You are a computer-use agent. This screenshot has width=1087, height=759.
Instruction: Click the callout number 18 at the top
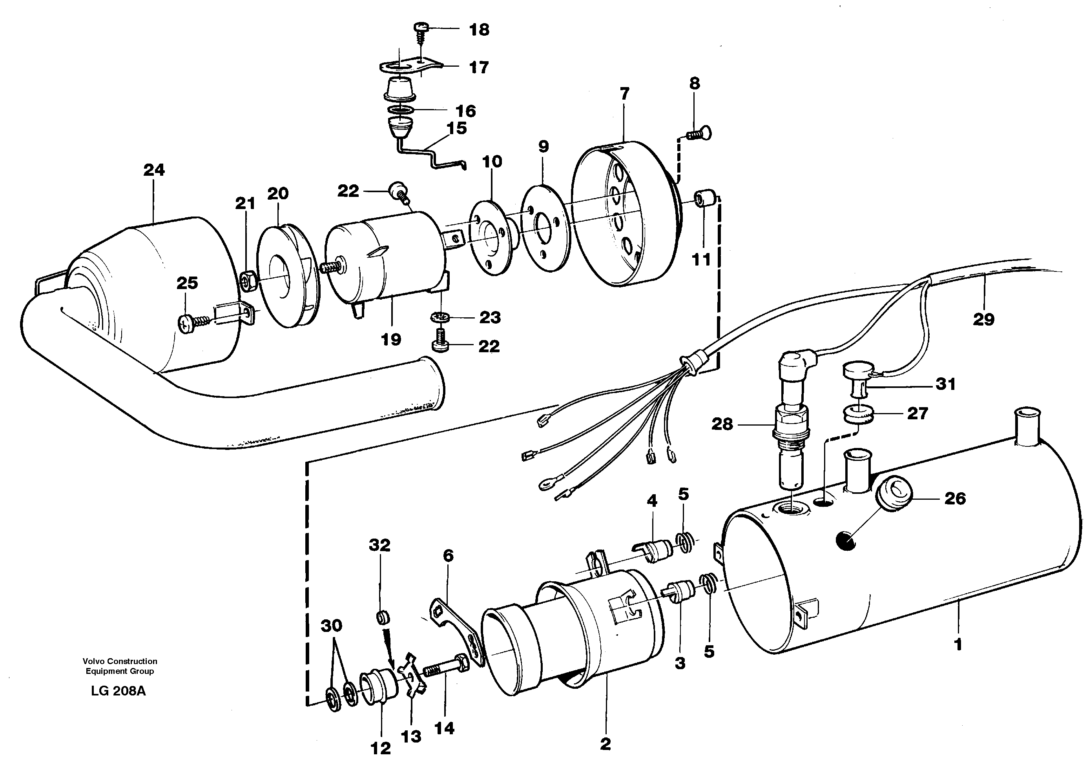tap(479, 30)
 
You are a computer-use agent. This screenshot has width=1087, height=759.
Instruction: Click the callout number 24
tap(154, 170)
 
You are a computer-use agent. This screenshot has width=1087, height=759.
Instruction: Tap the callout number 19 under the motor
tap(391, 339)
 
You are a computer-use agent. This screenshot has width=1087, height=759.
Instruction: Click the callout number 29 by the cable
tap(983, 319)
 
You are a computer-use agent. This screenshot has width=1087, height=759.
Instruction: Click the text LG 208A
tap(119, 691)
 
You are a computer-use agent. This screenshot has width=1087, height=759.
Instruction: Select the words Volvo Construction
tap(120, 661)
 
